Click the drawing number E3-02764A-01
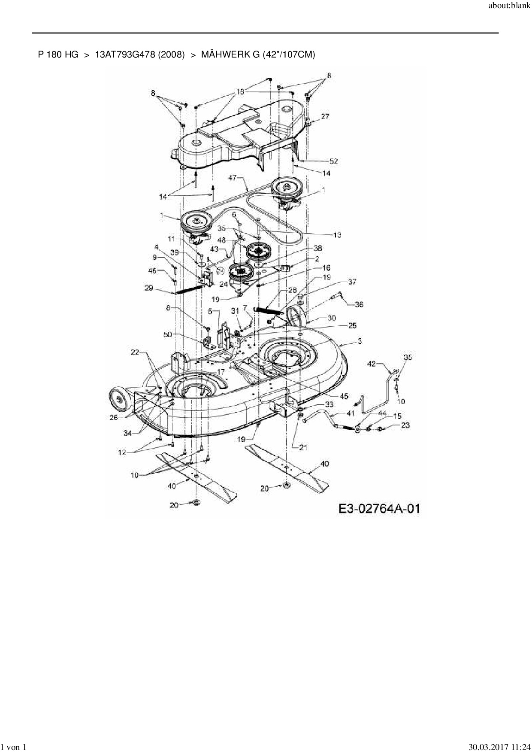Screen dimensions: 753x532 (379, 509)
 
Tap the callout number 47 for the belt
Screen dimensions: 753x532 (233, 178)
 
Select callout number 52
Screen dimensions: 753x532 (333, 161)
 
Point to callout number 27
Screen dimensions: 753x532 (325, 116)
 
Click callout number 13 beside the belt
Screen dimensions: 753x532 (337, 235)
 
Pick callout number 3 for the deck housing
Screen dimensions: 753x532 (360, 341)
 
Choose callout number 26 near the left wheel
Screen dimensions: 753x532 (113, 417)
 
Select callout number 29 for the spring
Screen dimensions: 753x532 (148, 288)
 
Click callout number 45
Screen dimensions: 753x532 (344, 396)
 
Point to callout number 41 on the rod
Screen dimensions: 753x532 (351, 413)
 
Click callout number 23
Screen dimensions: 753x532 (405, 425)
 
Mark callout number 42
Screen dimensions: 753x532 (372, 364)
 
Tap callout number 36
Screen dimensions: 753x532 (359, 304)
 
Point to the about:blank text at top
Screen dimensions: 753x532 (510, 8)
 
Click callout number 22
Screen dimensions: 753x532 (135, 352)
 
